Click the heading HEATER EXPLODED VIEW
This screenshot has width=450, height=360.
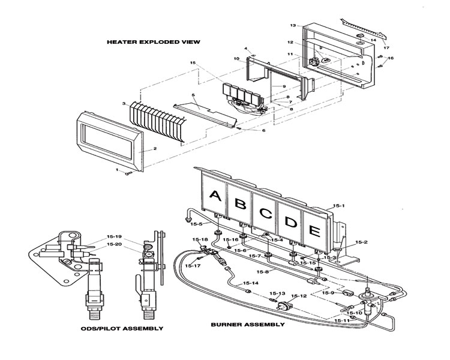[154, 42]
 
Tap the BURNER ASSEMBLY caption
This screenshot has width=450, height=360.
[248, 325]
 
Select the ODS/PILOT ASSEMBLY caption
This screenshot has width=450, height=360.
[122, 328]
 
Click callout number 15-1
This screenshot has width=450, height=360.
[338, 206]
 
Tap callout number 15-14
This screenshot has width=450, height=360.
[251, 283]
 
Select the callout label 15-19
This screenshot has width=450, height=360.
[114, 237]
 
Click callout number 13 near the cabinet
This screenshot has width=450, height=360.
[293, 25]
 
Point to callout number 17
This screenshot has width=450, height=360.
[386, 47]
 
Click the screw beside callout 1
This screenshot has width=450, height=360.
[128, 173]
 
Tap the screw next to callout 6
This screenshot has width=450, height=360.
[239, 128]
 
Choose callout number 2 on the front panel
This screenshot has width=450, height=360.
[155, 148]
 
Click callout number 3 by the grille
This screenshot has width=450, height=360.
[124, 104]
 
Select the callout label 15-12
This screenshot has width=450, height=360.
[299, 296]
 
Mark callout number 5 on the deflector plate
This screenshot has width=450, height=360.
[193, 95]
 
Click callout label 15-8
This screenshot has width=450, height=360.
[263, 272]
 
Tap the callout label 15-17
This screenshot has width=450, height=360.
[193, 266]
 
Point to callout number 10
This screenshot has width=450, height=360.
[236, 59]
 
